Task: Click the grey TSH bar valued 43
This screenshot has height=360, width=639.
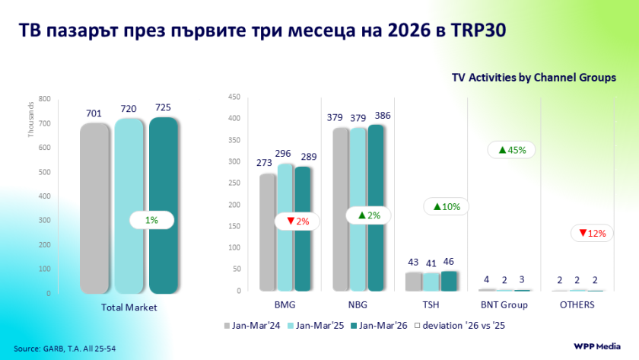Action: (x=413, y=282)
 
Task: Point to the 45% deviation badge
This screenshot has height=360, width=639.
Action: (x=512, y=150)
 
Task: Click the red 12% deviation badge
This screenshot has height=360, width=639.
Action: (x=593, y=233)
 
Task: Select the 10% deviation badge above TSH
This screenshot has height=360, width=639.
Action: (x=447, y=206)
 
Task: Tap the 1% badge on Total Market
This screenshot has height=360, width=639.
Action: (x=151, y=220)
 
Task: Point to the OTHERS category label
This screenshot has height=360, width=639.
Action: (x=578, y=305)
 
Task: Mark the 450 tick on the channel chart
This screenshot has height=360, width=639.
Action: (x=234, y=97)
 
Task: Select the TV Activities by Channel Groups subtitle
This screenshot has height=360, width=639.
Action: (x=533, y=78)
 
